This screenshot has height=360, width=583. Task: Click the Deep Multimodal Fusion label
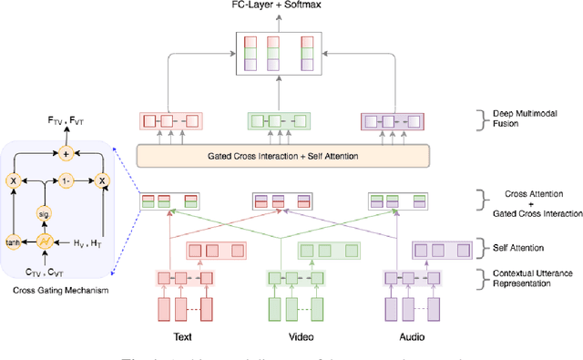517,120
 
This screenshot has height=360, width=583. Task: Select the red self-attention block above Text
208,250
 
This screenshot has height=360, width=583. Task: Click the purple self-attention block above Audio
433,250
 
